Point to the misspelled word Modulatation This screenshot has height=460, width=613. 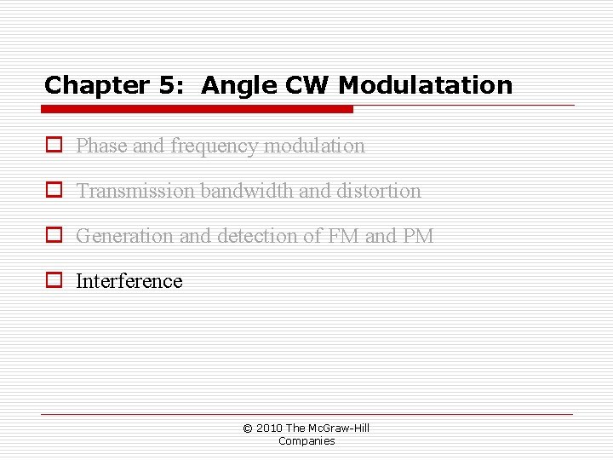click(x=426, y=85)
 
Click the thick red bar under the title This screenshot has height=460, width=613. click(x=198, y=109)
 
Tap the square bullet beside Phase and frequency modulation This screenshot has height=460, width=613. click(x=54, y=146)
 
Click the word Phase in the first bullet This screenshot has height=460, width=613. click(x=102, y=146)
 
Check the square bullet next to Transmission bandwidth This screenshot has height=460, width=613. click(x=54, y=191)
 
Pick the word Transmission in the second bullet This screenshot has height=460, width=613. click(x=135, y=191)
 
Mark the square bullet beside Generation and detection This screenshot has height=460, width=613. click(x=54, y=236)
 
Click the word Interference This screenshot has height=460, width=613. click(x=129, y=281)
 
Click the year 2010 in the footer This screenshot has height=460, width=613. click(x=270, y=428)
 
